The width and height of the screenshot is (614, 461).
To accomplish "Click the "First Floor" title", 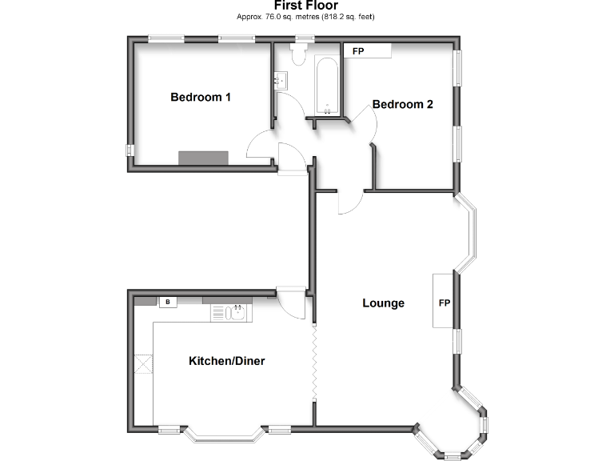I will (306, 6).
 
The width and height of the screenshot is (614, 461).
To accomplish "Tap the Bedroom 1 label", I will (201, 97).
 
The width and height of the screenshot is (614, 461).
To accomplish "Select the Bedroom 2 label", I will (402, 104).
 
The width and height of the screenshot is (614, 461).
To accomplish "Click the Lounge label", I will (383, 303).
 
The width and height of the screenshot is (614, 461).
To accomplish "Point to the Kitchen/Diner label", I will (226, 361).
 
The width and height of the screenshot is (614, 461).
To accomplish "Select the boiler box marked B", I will (168, 302).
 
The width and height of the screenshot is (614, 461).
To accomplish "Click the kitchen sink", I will (231, 312).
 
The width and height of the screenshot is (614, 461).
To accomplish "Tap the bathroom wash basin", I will (281, 80).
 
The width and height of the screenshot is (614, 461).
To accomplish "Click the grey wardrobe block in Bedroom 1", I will (203, 158).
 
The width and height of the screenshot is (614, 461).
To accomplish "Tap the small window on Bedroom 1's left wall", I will (128, 150).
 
